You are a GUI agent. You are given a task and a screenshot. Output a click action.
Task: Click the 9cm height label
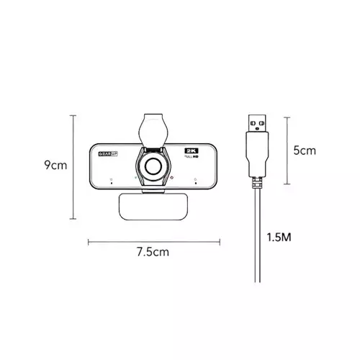point(55,165)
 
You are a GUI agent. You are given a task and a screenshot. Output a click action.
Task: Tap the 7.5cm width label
point(152,252)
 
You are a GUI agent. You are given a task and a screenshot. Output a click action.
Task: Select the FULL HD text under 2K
point(191,152)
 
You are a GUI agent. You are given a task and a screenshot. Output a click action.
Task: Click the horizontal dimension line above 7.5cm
point(152,241)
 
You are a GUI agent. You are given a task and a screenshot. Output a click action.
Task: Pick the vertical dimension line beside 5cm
point(288,151)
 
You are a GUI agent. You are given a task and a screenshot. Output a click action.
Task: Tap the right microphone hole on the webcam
point(196,181)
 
